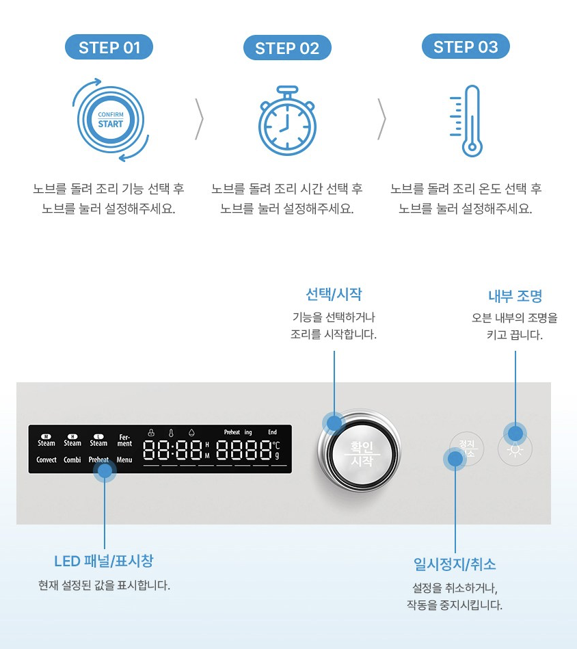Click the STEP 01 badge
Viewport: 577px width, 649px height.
coord(109,47)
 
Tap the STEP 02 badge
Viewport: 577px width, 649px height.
coord(287,48)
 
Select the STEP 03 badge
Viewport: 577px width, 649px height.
coord(465,47)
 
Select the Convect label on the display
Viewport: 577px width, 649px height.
coord(46,460)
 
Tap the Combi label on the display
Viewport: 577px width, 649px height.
coord(72,460)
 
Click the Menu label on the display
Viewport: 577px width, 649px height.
coord(124,460)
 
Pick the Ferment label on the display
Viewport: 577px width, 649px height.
coord(124,440)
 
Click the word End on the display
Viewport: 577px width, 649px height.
coord(272,432)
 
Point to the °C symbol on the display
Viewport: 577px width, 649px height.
coord(276,445)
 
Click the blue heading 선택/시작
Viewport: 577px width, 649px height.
coord(334,295)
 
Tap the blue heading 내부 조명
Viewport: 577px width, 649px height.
coord(515,296)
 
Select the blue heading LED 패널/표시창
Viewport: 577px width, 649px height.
coord(104,561)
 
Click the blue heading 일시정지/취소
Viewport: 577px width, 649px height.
coord(455,564)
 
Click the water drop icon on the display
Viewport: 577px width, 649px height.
coord(191,432)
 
